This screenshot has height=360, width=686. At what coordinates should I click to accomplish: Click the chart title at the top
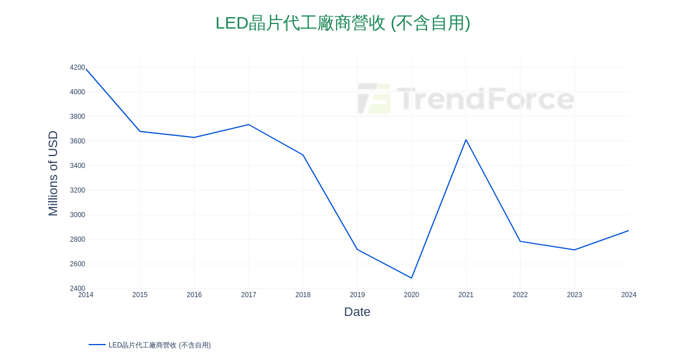click(x=342, y=23)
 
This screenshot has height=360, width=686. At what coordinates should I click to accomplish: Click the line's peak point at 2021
click(x=466, y=139)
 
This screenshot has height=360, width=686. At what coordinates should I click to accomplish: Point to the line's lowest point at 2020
click(x=412, y=278)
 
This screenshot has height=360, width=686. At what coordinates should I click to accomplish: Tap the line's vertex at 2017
click(x=249, y=125)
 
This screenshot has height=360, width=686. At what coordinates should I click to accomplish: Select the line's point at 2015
click(x=140, y=131)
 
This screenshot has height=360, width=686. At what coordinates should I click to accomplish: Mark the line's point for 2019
click(x=357, y=249)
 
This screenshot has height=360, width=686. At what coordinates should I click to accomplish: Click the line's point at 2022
click(x=520, y=241)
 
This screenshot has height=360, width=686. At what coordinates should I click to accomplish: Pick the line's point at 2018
click(x=303, y=155)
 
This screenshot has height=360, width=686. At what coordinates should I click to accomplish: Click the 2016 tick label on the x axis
click(x=194, y=295)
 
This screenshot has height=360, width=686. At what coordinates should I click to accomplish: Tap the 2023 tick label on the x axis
click(x=575, y=295)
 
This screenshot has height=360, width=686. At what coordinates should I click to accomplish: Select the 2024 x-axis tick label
click(x=629, y=295)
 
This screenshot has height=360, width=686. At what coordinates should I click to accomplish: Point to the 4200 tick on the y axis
click(x=77, y=67)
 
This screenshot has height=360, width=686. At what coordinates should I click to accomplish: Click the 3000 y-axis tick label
click(x=77, y=215)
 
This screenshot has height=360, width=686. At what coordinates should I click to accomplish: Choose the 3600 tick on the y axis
click(x=77, y=141)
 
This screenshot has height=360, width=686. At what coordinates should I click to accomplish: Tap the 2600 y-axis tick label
click(x=77, y=264)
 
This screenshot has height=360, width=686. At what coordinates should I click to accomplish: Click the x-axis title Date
click(x=357, y=312)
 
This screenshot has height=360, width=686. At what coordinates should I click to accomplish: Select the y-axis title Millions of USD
click(x=53, y=173)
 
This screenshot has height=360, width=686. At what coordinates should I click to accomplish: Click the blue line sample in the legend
click(x=97, y=345)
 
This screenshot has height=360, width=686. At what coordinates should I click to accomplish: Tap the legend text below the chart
click(x=159, y=345)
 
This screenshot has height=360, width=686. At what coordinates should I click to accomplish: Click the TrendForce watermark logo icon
click(x=374, y=98)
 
